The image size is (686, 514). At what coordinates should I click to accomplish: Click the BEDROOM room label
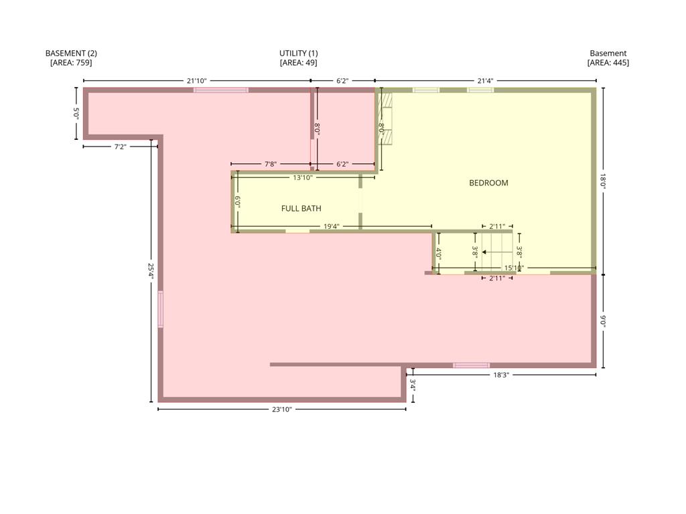coord(488,183)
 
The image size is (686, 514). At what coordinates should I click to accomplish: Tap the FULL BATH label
coord(301,209)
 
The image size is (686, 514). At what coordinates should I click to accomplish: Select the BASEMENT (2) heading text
coord(71,54)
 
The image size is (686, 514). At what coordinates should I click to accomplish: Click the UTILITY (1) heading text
coord(298,54)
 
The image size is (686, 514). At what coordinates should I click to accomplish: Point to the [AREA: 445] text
coord(608,62)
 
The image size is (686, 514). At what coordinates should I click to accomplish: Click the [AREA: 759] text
coord(71,62)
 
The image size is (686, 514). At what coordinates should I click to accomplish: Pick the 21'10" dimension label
coord(196,81)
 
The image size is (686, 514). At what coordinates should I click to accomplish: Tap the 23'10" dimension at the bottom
coord(282,410)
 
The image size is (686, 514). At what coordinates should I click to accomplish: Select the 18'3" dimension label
coord(501,375)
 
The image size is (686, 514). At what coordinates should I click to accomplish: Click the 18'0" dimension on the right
coord(603,181)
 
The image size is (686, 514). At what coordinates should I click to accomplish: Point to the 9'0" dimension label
coord(603,321)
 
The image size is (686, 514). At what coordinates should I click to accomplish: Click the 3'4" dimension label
coord(413,385)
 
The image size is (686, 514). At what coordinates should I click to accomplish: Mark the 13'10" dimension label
coord(303,177)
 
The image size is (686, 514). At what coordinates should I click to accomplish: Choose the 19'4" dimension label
coord(331,226)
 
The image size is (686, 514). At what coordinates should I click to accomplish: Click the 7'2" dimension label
coord(121,147)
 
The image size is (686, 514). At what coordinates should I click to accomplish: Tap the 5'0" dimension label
coord(76,114)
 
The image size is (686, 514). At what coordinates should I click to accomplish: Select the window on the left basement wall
coord(161,309)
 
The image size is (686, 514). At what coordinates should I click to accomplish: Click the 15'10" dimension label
coord(514,268)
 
